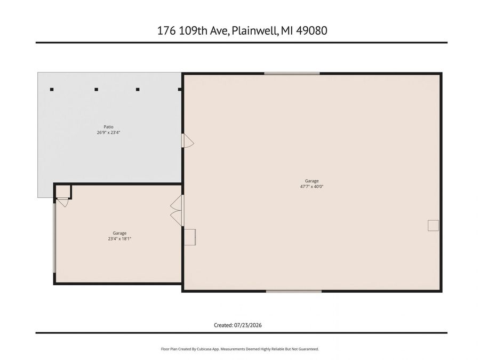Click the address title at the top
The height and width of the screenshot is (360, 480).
pos(242,30)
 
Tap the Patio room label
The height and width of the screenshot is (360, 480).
pos(108,127)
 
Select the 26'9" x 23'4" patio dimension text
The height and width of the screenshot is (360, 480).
pos(108,133)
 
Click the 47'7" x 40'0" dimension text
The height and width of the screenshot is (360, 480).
pos(311,187)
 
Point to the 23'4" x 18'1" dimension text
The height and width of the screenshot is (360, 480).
pos(119,239)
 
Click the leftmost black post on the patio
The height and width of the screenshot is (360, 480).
pos(52,90)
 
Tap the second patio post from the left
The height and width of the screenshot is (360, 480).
pos(96,90)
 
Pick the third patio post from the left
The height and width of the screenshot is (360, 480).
pos(138,90)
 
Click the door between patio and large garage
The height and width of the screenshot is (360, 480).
pos(187,140)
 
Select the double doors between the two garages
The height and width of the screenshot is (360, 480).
pos(177,211)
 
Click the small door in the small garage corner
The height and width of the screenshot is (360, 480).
pos(62,202)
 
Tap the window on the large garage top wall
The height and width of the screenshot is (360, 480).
pos(292,74)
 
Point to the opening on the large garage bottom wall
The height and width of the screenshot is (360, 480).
pos(294,291)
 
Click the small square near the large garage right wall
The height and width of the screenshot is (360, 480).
pos(433,225)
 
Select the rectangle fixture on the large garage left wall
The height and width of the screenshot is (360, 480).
pos(190,237)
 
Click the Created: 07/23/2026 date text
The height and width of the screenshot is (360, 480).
pos(237,325)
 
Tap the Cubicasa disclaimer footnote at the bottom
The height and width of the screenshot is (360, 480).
pos(240,349)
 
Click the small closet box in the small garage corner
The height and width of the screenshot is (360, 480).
pos(63,191)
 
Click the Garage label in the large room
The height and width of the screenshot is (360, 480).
pos(311,181)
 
